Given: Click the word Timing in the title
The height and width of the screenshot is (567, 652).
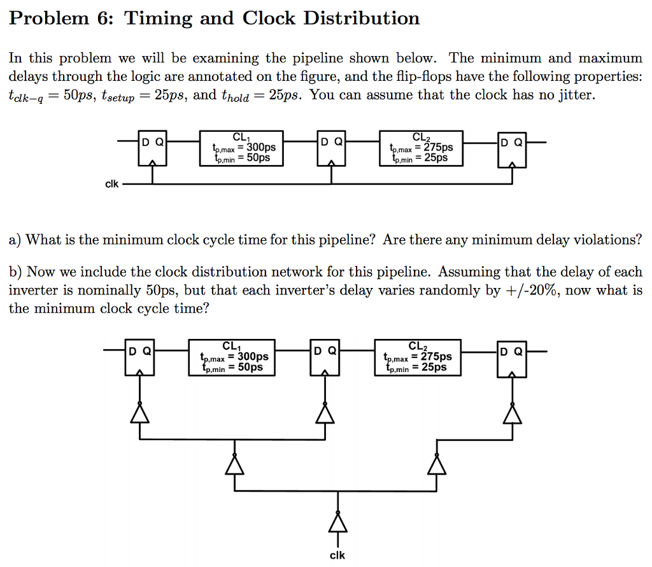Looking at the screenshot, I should pyautogui.click(x=158, y=18).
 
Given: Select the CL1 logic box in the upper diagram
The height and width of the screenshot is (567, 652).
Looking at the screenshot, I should pyautogui.click(x=241, y=148).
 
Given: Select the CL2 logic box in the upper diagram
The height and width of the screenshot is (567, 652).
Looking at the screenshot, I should pyautogui.click(x=421, y=148).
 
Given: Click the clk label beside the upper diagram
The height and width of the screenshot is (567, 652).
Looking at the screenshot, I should pyautogui.click(x=111, y=184).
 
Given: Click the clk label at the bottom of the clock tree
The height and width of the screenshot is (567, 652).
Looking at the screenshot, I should pyautogui.click(x=337, y=555).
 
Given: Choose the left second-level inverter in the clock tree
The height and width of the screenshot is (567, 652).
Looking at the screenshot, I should pyautogui.click(x=234, y=464).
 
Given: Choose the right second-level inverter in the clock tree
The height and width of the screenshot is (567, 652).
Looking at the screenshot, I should pyautogui.click(x=437, y=464).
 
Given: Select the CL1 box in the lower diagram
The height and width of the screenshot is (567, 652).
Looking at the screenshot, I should pyautogui.click(x=233, y=357).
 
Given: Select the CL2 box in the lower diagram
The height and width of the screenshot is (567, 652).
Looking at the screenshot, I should pyautogui.click(x=418, y=357).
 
